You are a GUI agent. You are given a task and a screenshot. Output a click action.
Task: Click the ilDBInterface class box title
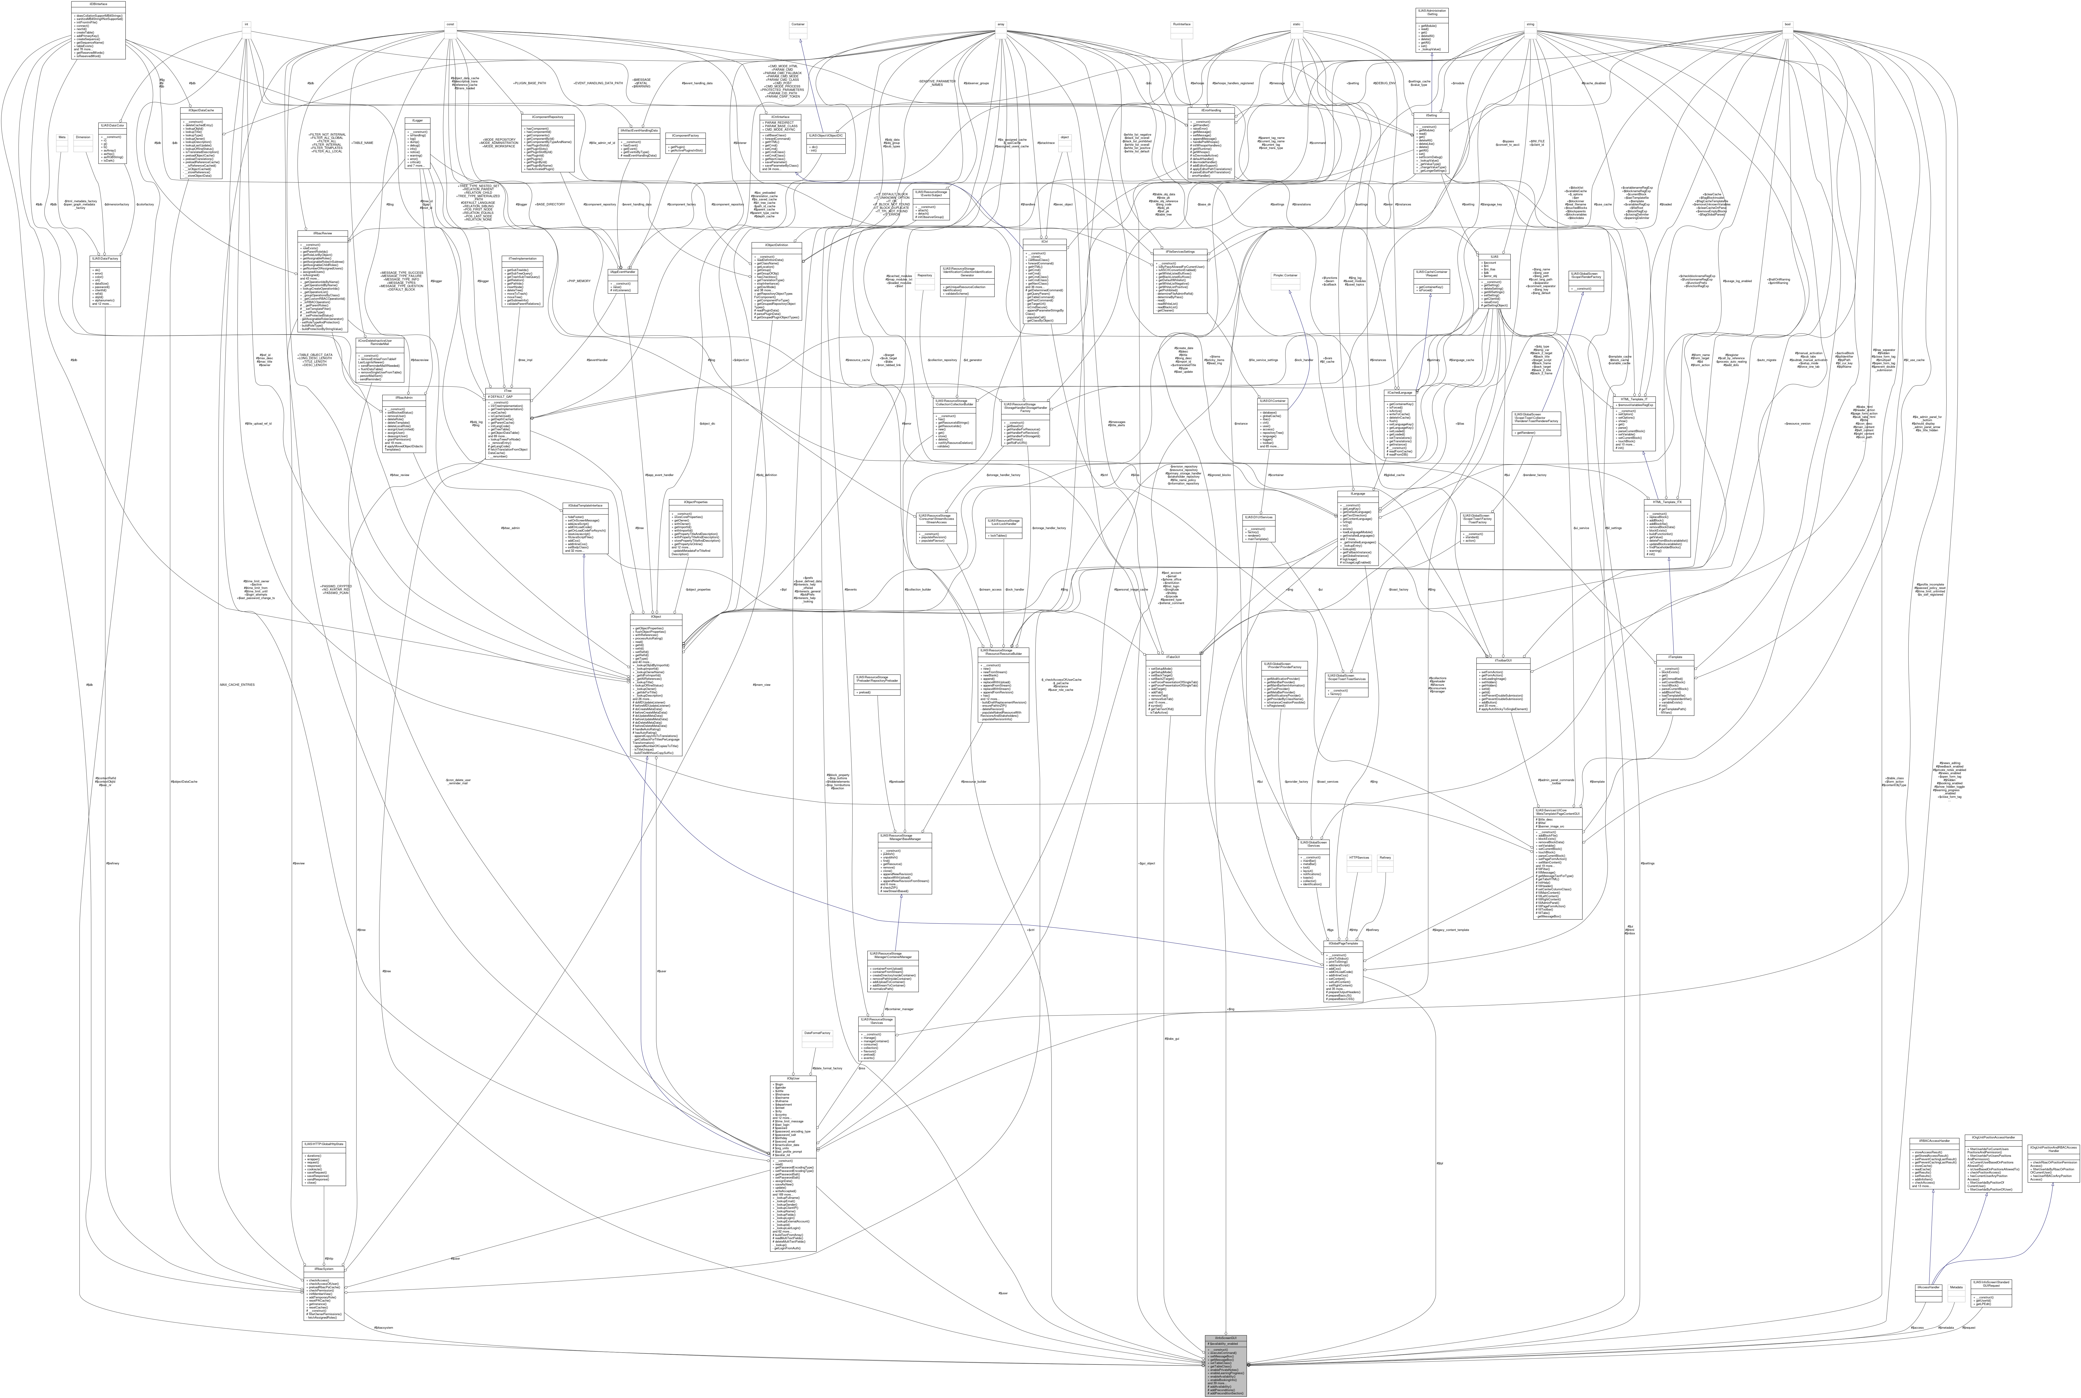(x=98, y=4)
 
